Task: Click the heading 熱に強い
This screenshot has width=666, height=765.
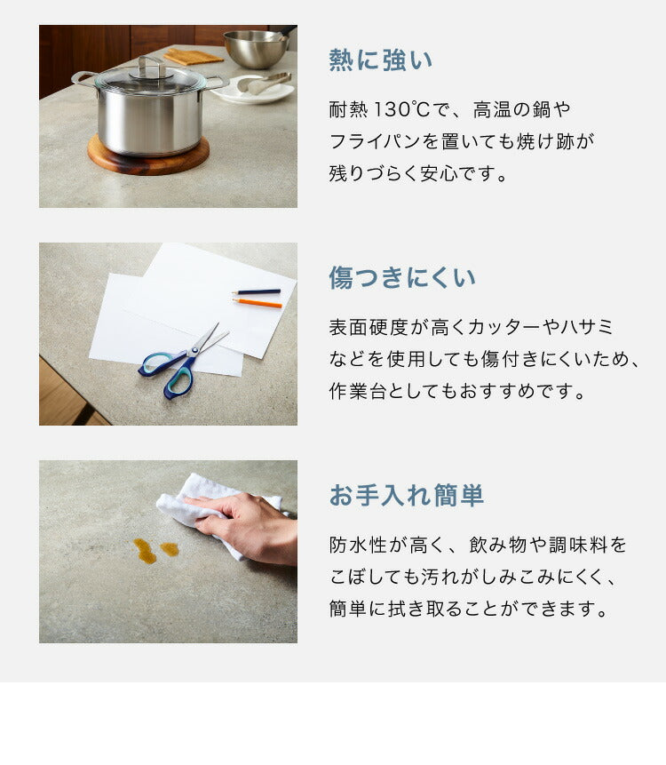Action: click(381, 60)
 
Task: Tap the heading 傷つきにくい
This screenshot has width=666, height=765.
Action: click(402, 278)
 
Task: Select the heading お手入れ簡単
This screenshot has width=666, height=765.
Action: click(407, 496)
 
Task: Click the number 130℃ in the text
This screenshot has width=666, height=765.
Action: click(402, 110)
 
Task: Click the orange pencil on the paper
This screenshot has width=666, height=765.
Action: click(258, 303)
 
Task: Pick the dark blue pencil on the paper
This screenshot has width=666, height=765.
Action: click(256, 291)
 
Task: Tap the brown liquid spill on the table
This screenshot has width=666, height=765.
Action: click(147, 552)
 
